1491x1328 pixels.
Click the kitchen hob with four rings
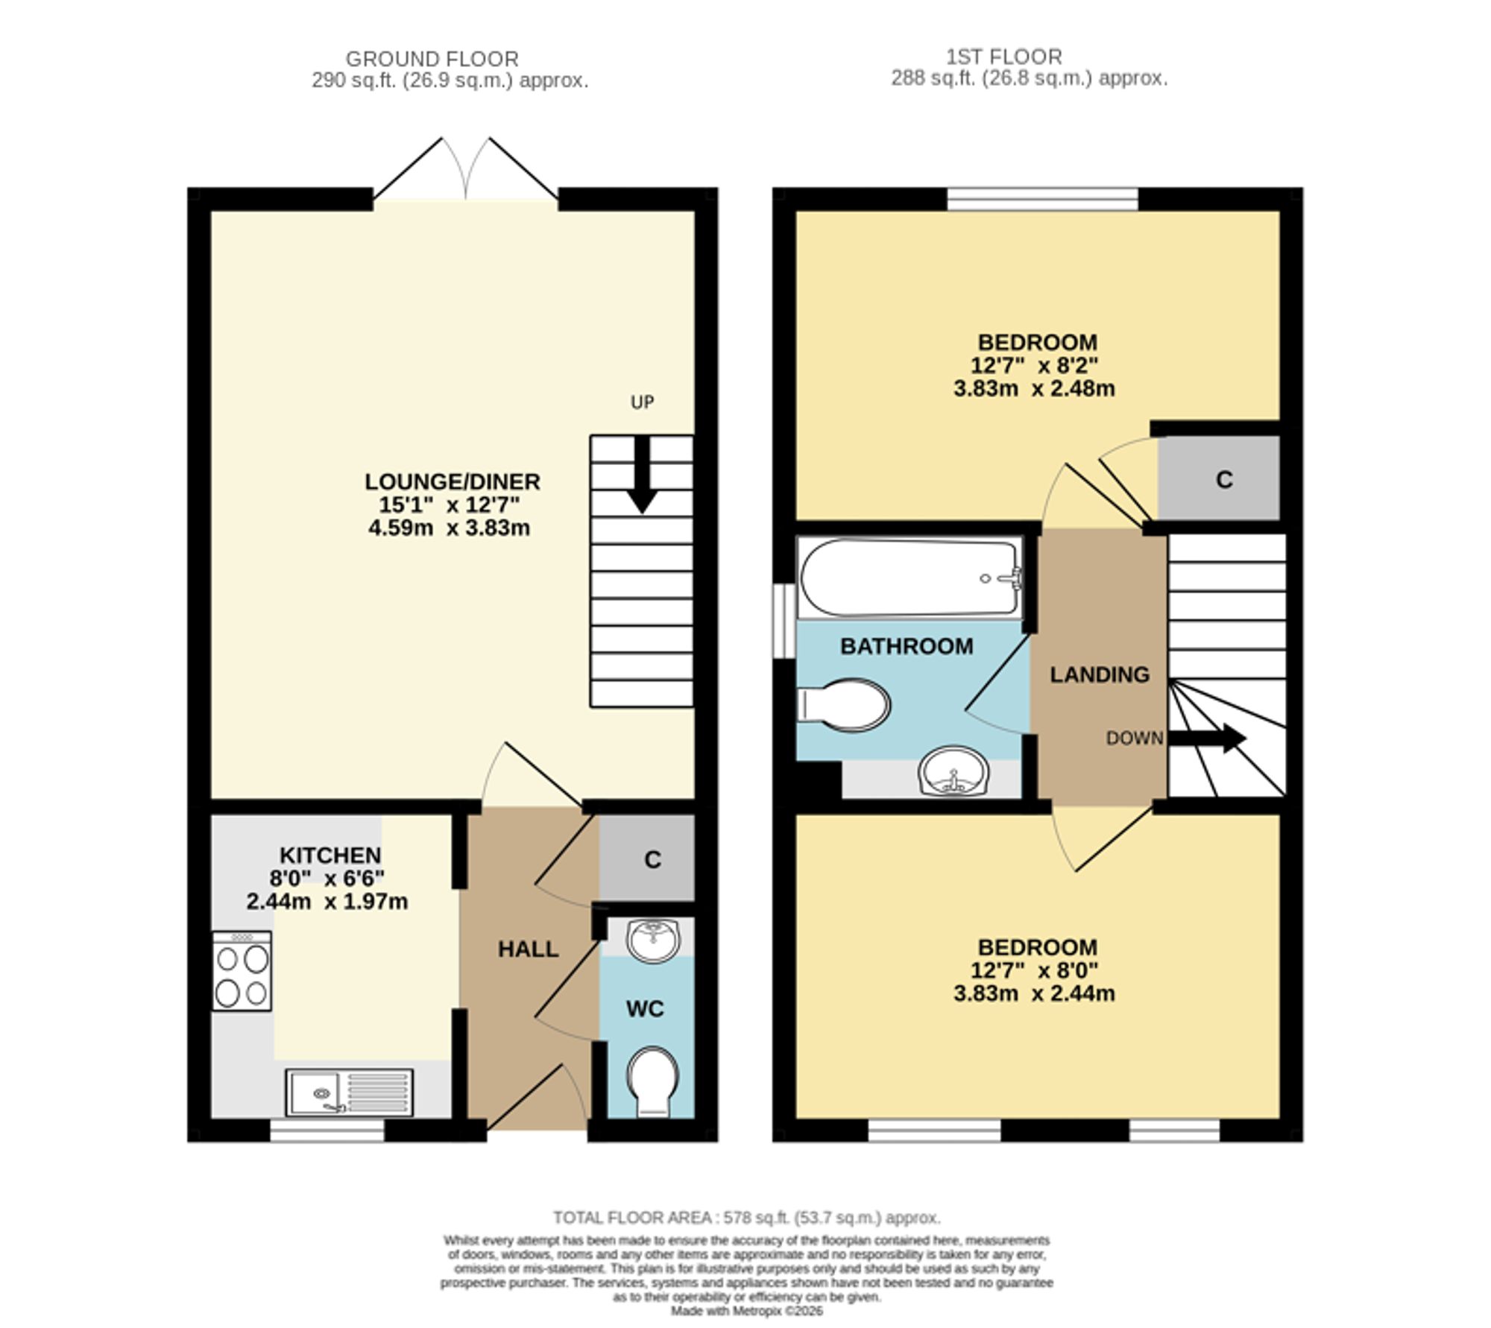[242, 971]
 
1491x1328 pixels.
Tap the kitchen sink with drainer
[349, 1093]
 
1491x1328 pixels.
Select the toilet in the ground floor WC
[652, 1082]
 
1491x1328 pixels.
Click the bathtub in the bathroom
[910, 578]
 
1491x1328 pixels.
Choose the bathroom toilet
[843, 704]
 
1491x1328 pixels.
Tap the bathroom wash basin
[953, 771]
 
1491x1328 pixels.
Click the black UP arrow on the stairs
[641, 474]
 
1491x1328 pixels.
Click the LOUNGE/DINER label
[452, 481]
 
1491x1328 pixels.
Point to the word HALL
[528, 949]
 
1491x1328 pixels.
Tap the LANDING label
[1100, 674]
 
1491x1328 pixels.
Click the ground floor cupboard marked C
[647, 858]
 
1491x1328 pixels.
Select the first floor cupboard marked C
[1219, 478]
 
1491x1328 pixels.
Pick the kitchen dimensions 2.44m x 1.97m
[327, 902]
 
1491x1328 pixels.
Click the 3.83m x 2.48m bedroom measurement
[1034, 388]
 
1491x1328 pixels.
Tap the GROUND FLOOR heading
[432, 59]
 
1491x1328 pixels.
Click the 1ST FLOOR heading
[1004, 57]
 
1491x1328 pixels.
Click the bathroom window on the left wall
[784, 621]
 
